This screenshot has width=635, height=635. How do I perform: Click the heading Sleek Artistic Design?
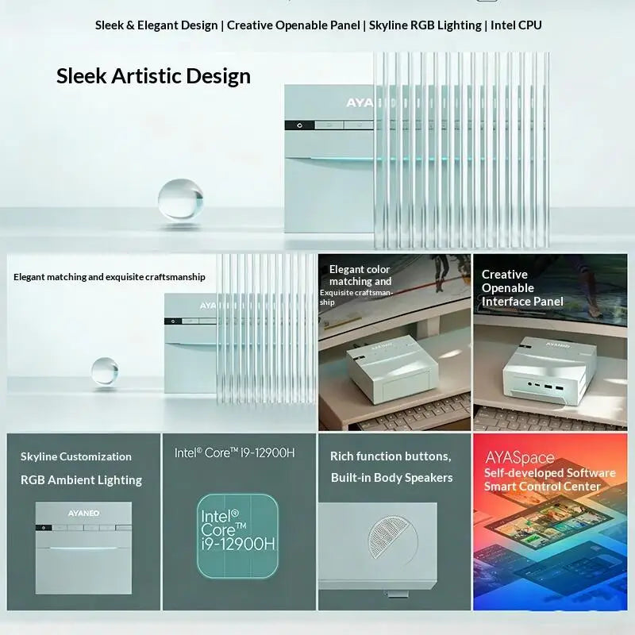coord(153,76)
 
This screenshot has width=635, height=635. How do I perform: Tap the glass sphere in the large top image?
coord(181,199)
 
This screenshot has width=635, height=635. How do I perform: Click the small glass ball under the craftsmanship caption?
coord(105,371)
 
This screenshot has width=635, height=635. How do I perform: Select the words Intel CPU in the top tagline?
coord(516,25)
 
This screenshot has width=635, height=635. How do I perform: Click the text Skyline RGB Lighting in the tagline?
coord(425,25)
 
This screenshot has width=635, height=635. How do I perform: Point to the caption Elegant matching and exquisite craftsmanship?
coord(110,277)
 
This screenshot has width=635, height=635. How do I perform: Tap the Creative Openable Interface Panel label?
coord(522,288)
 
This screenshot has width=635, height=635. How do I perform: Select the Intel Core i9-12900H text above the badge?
coord(234,452)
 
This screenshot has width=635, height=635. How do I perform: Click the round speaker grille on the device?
coord(393,537)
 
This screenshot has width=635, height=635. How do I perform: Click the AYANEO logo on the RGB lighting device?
coord(83,513)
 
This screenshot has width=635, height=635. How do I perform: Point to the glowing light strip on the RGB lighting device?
coord(83,548)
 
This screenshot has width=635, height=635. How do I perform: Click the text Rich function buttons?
coord(391,456)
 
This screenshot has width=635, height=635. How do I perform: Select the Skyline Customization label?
coord(76,456)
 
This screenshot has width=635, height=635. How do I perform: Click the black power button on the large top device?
coord(299,125)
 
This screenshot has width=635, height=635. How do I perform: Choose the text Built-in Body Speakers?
coord(391,478)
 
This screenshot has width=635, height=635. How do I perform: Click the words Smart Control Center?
coord(542,487)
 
